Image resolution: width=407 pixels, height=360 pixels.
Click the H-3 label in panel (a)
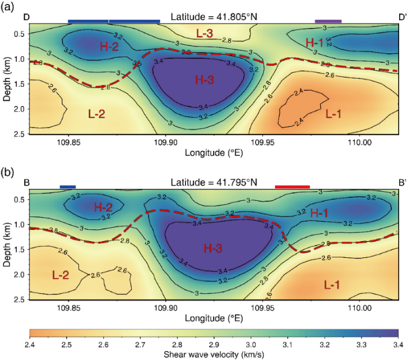pyautogui.click(x=204, y=80)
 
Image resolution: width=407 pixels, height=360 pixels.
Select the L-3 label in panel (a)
pyautogui.click(x=205, y=34)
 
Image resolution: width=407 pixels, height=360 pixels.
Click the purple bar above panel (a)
pyautogui.click(x=328, y=21)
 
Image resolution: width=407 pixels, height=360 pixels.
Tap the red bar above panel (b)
pyautogui.click(x=292, y=186)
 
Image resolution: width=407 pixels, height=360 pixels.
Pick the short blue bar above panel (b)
pyautogui.click(x=67, y=186)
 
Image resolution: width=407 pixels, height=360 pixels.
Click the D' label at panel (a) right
pyautogui.click(x=401, y=17)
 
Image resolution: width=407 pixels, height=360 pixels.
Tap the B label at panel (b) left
pyautogui.click(x=26, y=182)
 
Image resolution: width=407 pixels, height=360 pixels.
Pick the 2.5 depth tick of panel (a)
pyautogui.click(x=20, y=134)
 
